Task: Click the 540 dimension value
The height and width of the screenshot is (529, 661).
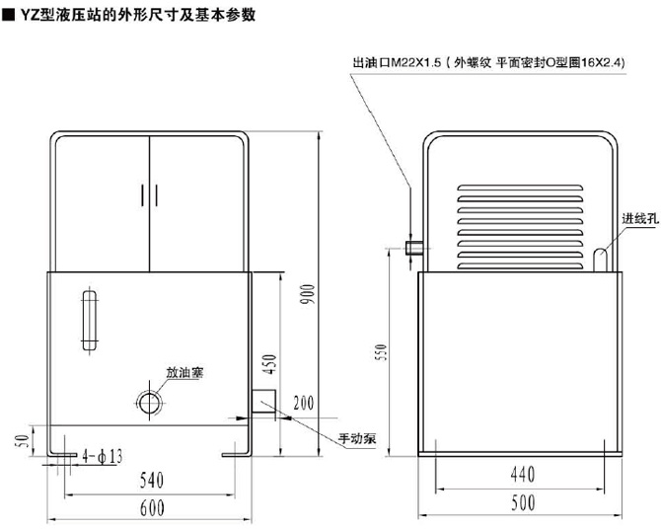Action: pos(150,482)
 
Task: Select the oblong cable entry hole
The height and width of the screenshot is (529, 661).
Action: pos(600,258)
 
